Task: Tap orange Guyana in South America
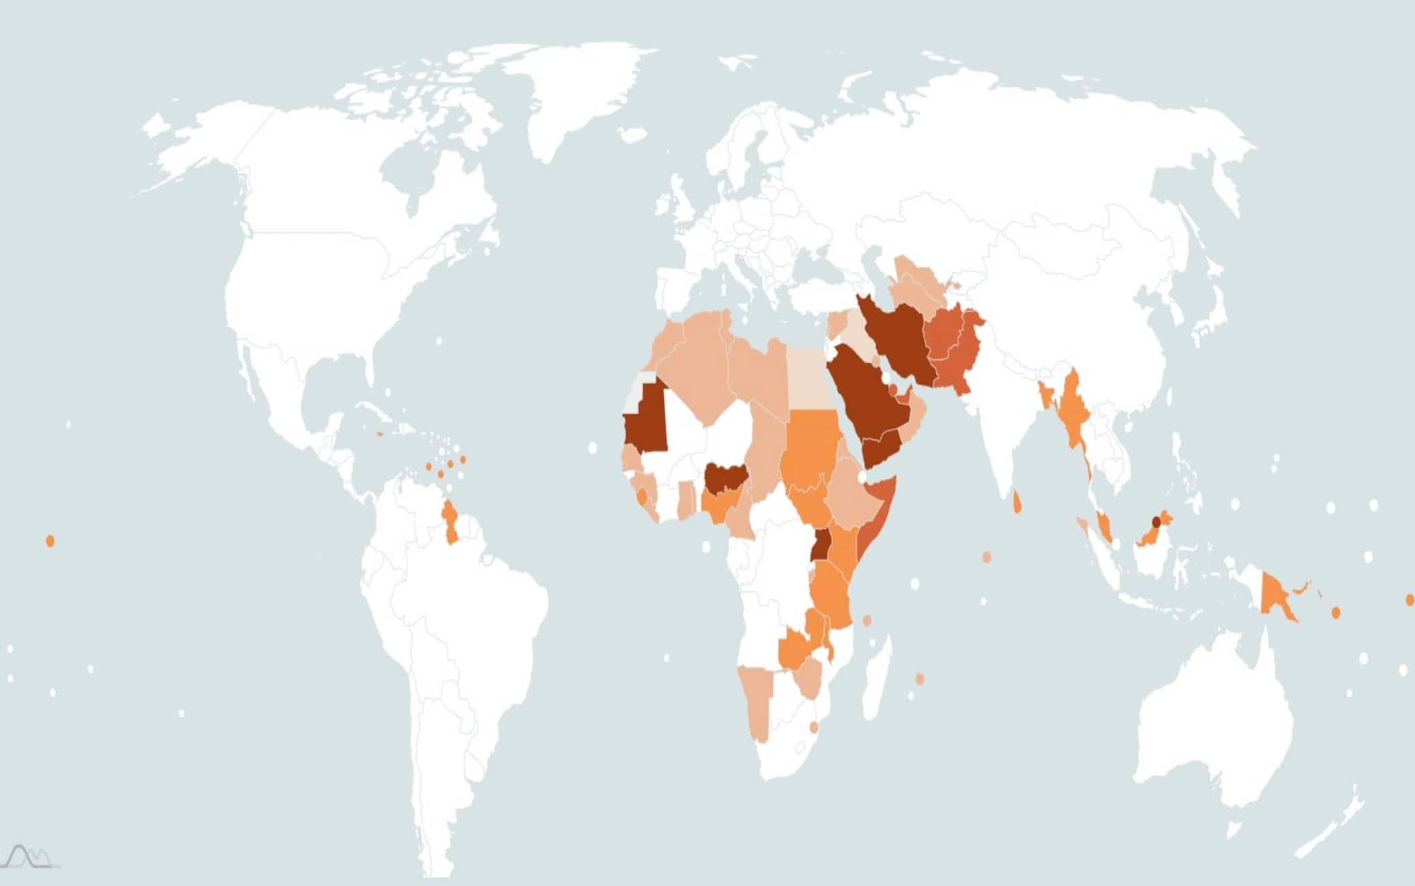point(450,521)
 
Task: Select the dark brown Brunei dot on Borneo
point(1156,522)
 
